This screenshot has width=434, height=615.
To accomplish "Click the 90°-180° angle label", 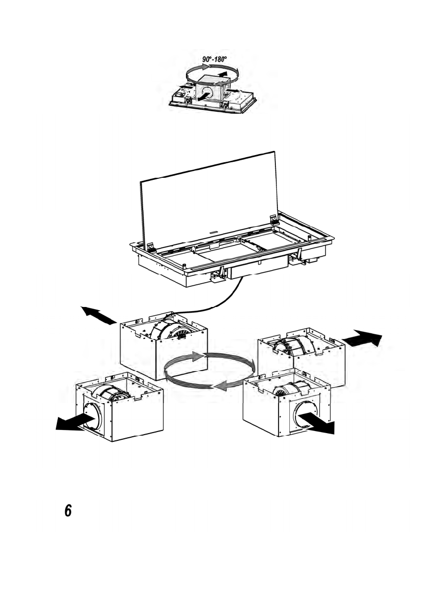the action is point(214,59).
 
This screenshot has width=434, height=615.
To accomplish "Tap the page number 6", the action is point(68,511).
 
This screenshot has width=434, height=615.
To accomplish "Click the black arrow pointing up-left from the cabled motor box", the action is point(99,315).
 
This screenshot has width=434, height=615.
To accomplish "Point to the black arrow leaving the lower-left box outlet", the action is point(75,422).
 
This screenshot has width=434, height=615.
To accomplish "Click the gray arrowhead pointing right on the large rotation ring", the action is point(197,356).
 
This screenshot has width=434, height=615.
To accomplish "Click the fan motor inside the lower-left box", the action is point(111,393).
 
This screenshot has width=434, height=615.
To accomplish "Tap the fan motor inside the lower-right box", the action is point(291,388).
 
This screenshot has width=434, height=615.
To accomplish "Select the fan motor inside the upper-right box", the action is point(294,346).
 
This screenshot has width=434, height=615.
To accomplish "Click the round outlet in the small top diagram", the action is point(207,93).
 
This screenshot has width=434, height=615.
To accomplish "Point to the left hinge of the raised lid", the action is point(151,247).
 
